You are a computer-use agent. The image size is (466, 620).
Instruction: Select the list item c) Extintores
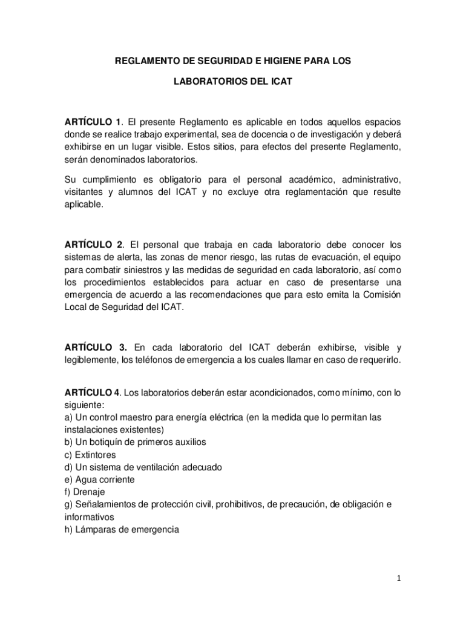pyautogui.click(x=90, y=455)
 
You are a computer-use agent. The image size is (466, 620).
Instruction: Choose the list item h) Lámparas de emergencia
pyautogui.click(x=122, y=529)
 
